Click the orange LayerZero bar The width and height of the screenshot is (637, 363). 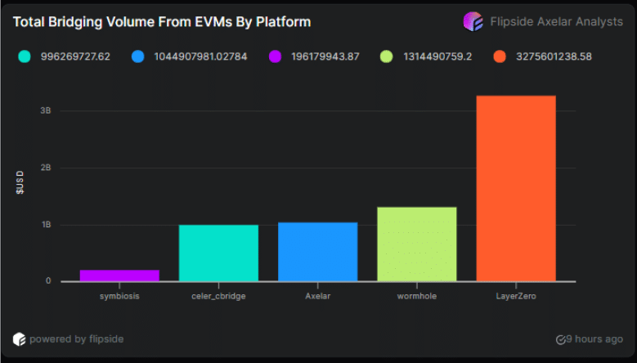516,188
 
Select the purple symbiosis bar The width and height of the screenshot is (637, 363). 119,276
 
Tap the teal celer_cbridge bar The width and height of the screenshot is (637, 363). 218,253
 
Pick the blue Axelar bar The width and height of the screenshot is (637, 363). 317,252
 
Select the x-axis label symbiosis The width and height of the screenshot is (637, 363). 119,296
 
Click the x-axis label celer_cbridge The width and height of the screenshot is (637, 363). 218,296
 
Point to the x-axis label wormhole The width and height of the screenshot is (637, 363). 417,296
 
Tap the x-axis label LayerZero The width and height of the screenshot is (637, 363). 516,296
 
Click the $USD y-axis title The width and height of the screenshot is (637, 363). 20,181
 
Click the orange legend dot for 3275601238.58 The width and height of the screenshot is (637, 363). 500,56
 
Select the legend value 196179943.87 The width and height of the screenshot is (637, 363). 325,56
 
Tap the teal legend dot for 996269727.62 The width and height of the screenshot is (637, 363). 25,56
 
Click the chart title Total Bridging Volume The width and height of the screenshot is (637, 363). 162,21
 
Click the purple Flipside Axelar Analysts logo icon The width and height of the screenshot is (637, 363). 473,21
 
